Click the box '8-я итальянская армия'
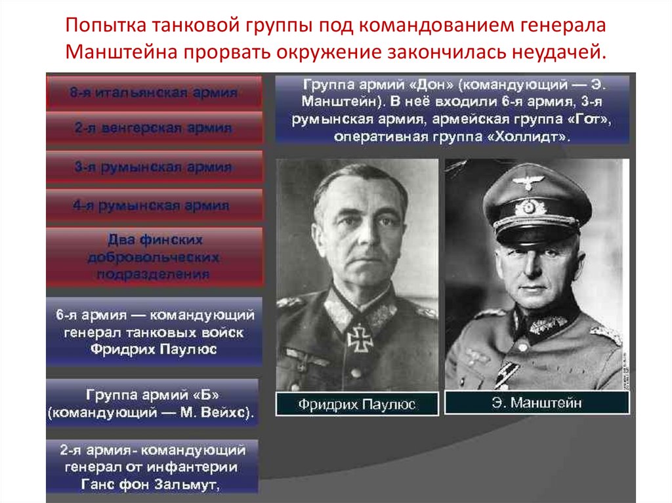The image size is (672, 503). point(153,92)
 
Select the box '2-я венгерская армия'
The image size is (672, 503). point(153,129)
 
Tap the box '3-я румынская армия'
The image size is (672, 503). point(153,167)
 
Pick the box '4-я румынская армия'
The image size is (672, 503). point(153,206)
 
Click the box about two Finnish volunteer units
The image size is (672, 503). point(153,256)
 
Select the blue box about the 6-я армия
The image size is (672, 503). point(153,332)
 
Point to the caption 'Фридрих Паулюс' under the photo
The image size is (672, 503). point(356,404)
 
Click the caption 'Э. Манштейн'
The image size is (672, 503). point(536,403)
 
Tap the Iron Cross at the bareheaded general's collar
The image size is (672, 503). point(360,338)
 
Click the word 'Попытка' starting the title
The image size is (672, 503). point(106,27)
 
